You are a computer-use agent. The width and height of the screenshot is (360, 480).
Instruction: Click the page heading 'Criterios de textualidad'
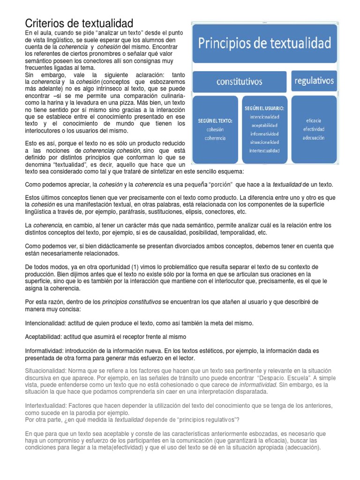pos(79,23)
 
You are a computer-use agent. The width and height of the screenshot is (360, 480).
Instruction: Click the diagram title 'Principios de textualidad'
pos(265,44)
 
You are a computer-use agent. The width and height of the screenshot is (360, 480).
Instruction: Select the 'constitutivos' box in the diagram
pos(239,82)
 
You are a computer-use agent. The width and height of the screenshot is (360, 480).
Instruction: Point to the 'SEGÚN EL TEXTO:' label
pos(216,120)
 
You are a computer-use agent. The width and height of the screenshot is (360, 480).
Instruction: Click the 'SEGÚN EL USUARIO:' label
pos(265,108)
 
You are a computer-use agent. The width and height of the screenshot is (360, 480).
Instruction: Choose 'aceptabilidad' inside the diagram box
pos(265,126)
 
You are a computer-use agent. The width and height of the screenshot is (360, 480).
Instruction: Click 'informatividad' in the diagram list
pos(265,134)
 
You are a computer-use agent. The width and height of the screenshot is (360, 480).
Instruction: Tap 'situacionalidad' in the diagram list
pos(265,142)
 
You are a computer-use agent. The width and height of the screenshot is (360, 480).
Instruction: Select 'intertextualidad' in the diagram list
pos(265,151)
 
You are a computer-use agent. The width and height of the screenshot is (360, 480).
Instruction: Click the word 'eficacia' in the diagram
pos(314,120)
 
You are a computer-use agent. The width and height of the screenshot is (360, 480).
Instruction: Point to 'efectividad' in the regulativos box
pos(314,129)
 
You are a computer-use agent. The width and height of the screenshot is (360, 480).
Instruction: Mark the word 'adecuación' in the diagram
pos(314,138)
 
